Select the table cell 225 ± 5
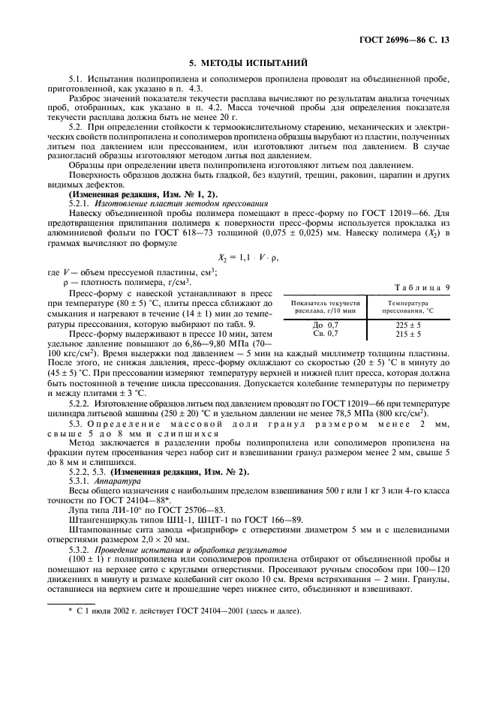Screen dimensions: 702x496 407,325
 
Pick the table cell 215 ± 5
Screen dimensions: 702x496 407,332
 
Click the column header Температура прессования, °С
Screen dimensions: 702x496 407,306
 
